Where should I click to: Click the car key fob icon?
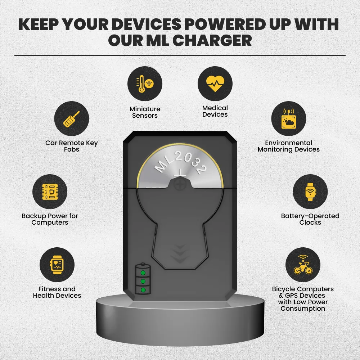click(71, 119)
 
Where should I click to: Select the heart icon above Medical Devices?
click(215, 84)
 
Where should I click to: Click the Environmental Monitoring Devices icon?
click(289, 119)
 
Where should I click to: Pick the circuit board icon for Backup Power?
click(50, 192)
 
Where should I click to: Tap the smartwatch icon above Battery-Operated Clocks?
click(310, 192)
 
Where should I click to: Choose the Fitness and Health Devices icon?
click(57, 265)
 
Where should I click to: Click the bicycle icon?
click(303, 265)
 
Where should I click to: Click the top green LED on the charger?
click(143, 273)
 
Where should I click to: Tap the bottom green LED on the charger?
click(143, 290)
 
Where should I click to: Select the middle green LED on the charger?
click(143, 281)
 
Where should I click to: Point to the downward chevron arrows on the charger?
click(180, 254)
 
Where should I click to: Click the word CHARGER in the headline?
click(212, 40)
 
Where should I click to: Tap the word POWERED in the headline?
click(225, 24)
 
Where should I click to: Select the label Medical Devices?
click(215, 111)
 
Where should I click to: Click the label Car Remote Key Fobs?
click(71, 146)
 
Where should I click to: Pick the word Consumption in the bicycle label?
click(303, 309)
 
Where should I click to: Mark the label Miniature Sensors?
click(145, 112)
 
